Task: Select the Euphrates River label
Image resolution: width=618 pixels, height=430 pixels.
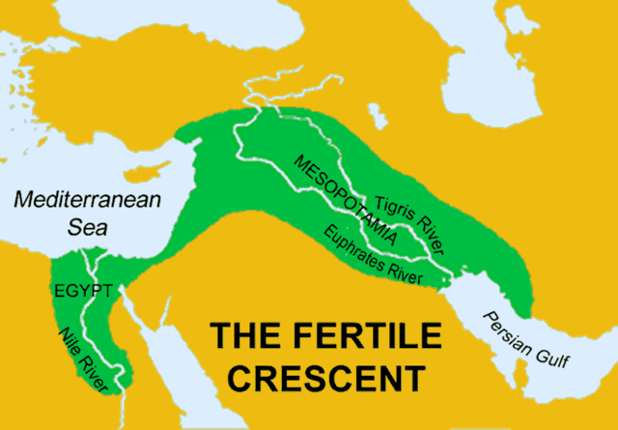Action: (x=376, y=252)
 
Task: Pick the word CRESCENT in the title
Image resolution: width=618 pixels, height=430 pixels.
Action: (x=318, y=375)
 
